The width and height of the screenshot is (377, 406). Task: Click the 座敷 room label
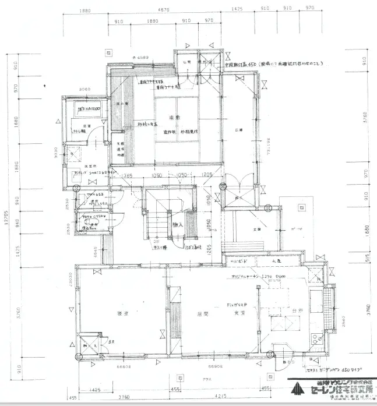tap(173, 118)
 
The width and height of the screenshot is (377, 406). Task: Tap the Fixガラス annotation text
tap(237, 305)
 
